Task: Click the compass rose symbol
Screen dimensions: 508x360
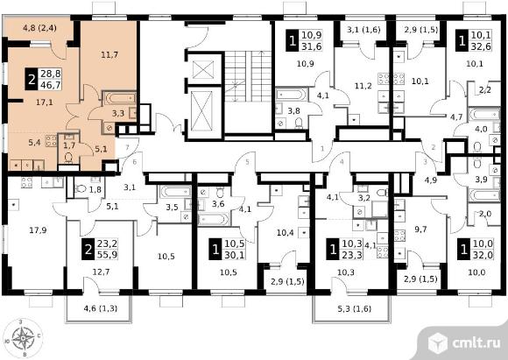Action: [23, 338]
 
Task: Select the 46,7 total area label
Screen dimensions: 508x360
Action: [51, 85]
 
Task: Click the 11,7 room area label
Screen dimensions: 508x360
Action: [109, 55]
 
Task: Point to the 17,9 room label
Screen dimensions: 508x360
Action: [38, 230]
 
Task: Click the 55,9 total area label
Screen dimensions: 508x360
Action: [107, 255]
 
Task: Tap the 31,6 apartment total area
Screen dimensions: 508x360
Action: [311, 46]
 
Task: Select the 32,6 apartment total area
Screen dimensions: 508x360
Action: [481, 46]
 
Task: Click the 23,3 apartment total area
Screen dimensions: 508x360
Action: [352, 255]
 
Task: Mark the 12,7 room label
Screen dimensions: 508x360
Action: [101, 272]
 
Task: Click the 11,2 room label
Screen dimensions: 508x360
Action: [363, 86]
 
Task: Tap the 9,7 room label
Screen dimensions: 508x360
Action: [420, 229]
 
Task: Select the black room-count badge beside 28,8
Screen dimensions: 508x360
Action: [32, 80]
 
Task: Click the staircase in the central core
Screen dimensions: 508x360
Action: [248, 76]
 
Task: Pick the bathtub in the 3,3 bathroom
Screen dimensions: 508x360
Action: [119, 98]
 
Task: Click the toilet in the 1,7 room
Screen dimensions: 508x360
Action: [68, 158]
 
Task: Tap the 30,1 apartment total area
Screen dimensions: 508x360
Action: [234, 255]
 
